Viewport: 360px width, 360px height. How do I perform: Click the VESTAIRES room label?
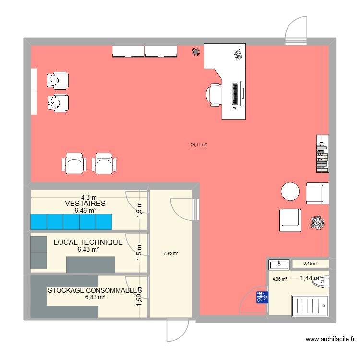(85, 204)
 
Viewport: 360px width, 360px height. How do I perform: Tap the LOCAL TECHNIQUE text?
(88, 243)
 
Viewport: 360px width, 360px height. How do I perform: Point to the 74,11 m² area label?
(198, 144)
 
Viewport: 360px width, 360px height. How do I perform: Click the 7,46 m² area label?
(170, 253)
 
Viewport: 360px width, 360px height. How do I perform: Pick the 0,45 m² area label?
(312, 263)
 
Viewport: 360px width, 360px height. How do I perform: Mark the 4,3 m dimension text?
(89, 197)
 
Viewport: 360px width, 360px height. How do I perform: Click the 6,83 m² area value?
(95, 297)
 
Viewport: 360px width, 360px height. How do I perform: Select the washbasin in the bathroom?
(279, 264)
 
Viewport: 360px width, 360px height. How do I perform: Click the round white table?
(290, 191)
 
